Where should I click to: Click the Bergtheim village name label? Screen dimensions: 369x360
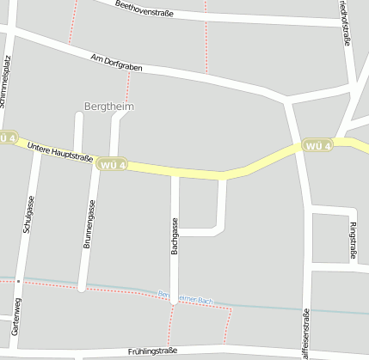click(109, 107)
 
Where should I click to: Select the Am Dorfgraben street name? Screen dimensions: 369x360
click(116, 63)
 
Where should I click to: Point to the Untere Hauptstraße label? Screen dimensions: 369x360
click(60, 152)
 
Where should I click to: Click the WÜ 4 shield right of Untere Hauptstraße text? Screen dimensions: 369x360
click(113, 164)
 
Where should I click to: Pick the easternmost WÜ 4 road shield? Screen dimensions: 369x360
click(316, 146)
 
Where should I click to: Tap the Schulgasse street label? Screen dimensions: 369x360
click(29, 214)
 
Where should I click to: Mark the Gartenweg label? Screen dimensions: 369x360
click(15, 316)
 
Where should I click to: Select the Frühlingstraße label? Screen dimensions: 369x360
click(152, 351)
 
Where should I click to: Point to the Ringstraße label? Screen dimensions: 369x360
click(354, 240)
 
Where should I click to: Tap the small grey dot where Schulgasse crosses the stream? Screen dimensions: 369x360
click(17, 281)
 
